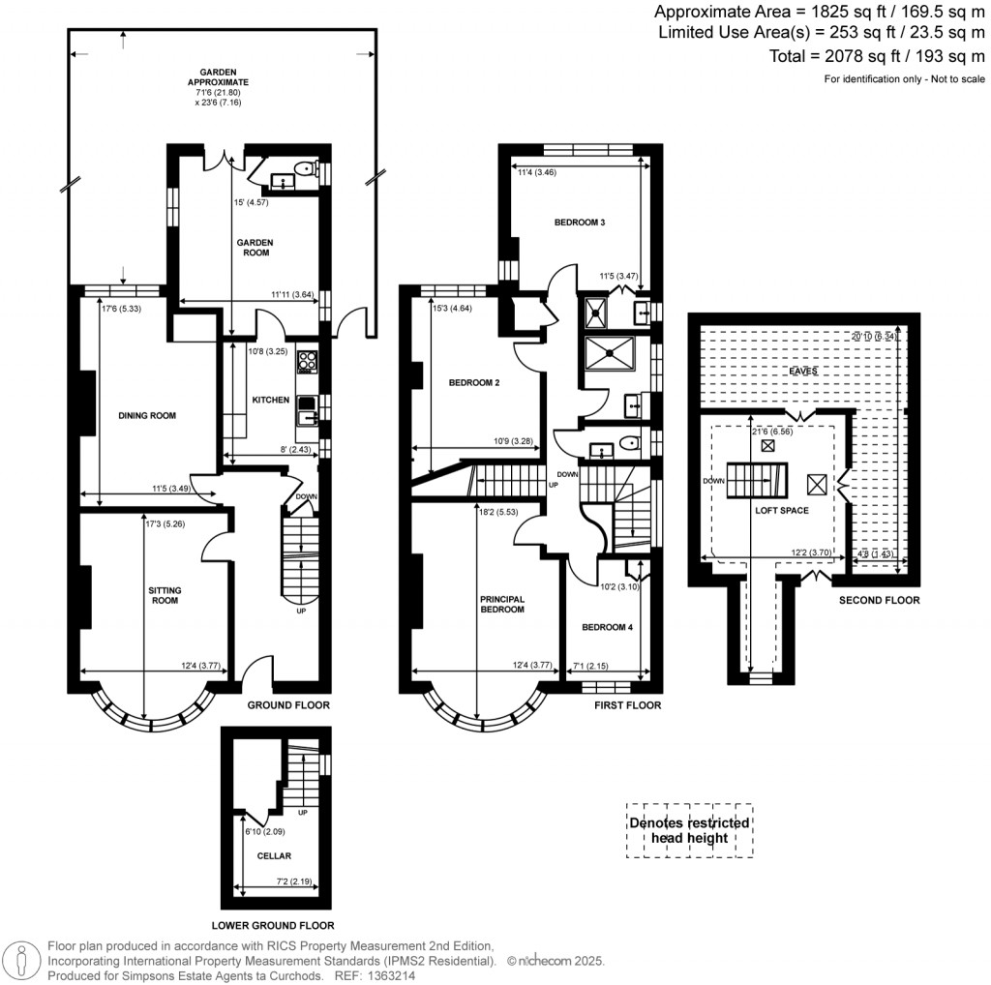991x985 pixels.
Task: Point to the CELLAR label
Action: [274, 855]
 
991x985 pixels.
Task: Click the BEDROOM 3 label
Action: [580, 223]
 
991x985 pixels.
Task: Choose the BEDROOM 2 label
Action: [474, 383]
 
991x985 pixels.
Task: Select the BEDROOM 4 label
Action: [607, 627]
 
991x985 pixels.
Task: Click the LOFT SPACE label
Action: [782, 510]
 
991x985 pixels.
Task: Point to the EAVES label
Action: [802, 371]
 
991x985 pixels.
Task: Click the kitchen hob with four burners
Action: [308, 362]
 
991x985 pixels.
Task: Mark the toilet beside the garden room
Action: [307, 169]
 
